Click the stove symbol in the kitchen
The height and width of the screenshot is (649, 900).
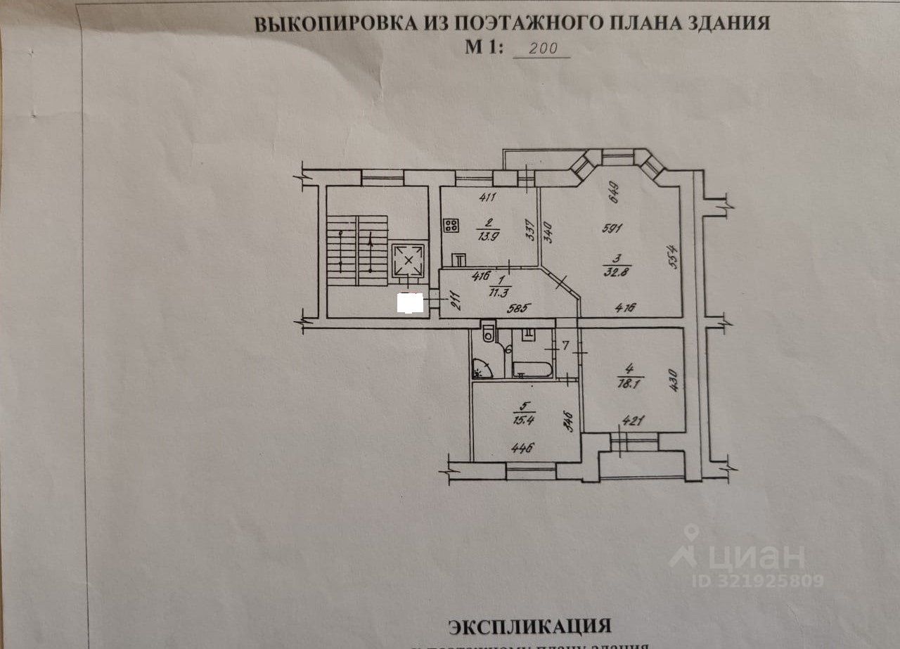(451, 226)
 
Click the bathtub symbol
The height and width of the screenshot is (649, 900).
(532, 368)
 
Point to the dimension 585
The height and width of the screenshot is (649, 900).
(520, 307)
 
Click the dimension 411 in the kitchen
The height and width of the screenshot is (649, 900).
(487, 198)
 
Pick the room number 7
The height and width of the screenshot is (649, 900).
(566, 345)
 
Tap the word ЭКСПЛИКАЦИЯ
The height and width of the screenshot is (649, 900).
(529, 626)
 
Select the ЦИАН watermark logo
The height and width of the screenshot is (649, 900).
(738, 556)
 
